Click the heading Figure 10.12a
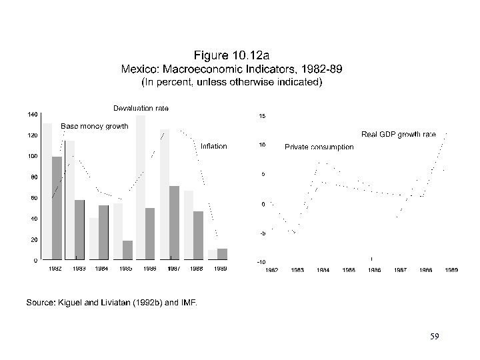[x=231, y=55]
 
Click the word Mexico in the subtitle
[x=137, y=69]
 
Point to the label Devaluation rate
[x=141, y=108]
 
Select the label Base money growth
[x=94, y=125]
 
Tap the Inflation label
[x=213, y=146]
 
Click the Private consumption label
[x=319, y=147]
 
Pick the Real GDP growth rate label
[x=398, y=134]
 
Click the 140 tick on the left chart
[x=32, y=115]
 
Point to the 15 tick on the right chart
[x=262, y=116]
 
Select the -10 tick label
[x=261, y=262]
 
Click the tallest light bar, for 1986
[x=141, y=187]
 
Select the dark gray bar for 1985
[x=127, y=249]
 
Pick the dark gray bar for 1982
[x=57, y=207]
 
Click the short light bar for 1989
[x=212, y=255]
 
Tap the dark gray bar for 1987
[x=175, y=222]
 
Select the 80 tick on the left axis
[x=33, y=177]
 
